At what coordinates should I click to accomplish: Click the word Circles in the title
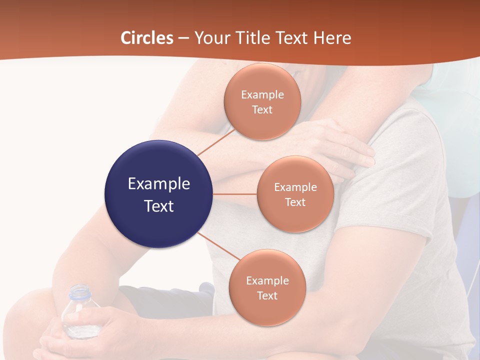click(x=146, y=38)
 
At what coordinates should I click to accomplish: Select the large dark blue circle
click(x=159, y=194)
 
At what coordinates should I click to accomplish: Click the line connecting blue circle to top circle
click(x=216, y=142)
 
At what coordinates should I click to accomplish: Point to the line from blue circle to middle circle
click(x=235, y=194)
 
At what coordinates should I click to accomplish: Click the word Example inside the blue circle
click(x=159, y=183)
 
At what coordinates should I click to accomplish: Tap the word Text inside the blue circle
click(x=159, y=206)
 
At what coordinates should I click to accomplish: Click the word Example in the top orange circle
click(x=262, y=94)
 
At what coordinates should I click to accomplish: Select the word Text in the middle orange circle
click(x=295, y=202)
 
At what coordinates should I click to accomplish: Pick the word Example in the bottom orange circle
click(x=267, y=280)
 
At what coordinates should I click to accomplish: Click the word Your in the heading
click(x=210, y=38)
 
